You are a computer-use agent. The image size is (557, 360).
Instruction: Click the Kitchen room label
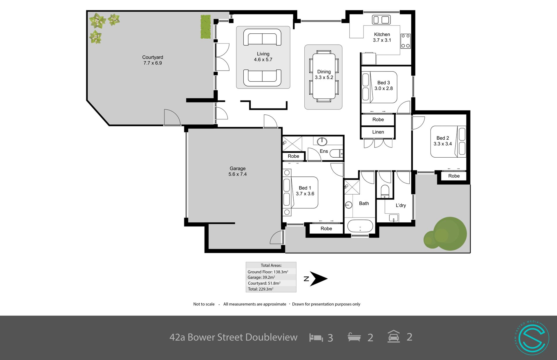382,35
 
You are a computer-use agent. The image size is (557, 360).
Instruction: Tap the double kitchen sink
381,20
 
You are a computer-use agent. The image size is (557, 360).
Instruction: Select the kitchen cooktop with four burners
406,41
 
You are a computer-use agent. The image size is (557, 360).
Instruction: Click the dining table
324,76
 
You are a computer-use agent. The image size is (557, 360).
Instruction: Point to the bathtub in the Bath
360,226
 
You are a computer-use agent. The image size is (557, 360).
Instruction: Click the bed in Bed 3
379,87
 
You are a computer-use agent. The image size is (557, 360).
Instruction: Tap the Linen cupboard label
378,132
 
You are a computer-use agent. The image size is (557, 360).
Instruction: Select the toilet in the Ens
337,153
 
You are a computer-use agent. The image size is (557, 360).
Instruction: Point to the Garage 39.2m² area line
261,278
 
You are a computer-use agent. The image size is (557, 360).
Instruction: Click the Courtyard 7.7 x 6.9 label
153,60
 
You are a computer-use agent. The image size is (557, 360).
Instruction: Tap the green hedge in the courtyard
205,27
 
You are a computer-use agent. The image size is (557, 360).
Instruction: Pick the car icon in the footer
394,337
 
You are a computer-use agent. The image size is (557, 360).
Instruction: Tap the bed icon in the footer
316,338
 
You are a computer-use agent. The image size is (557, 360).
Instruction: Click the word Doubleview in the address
271,337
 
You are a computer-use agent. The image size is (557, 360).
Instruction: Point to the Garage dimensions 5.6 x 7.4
237,174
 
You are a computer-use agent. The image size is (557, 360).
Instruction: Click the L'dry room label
401,206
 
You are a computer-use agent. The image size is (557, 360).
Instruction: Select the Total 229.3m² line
261,289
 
